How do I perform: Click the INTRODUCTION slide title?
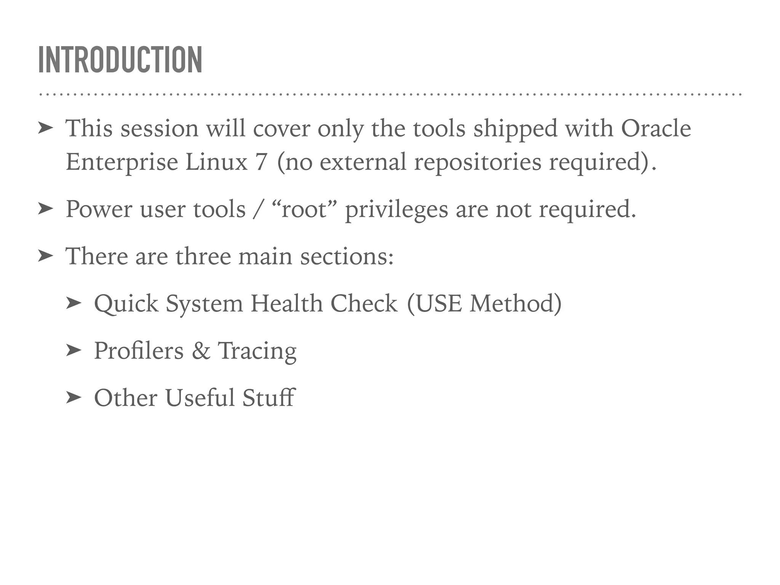point(120,60)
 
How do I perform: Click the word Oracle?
point(656,128)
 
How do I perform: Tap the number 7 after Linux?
point(261,162)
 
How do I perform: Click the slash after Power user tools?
point(258,209)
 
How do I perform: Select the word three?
point(203,256)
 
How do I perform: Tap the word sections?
point(347,256)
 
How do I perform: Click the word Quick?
point(126,304)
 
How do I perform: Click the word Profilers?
point(139,351)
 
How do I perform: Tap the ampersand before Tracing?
point(201,351)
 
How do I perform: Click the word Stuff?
point(269,398)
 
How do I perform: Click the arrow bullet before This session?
point(45,128)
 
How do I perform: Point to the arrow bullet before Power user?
point(45,209)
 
